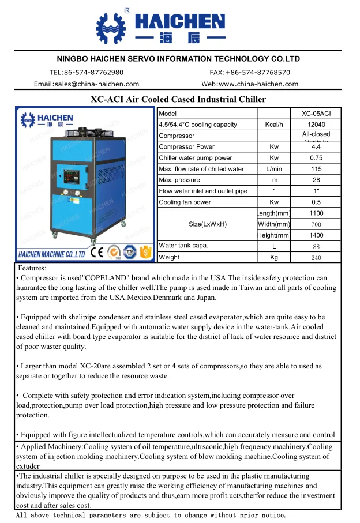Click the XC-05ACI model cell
(x=316, y=114)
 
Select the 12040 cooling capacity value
(x=316, y=125)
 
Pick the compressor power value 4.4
(x=316, y=147)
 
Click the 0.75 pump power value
(x=316, y=158)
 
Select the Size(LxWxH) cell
(x=207, y=224)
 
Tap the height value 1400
(x=316, y=235)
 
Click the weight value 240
(x=316, y=258)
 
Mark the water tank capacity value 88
(x=316, y=246)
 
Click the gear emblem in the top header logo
(x=109, y=28)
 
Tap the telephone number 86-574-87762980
(x=95, y=73)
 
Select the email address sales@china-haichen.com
(x=87, y=84)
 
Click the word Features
(x=32, y=268)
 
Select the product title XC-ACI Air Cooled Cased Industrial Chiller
(x=179, y=99)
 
